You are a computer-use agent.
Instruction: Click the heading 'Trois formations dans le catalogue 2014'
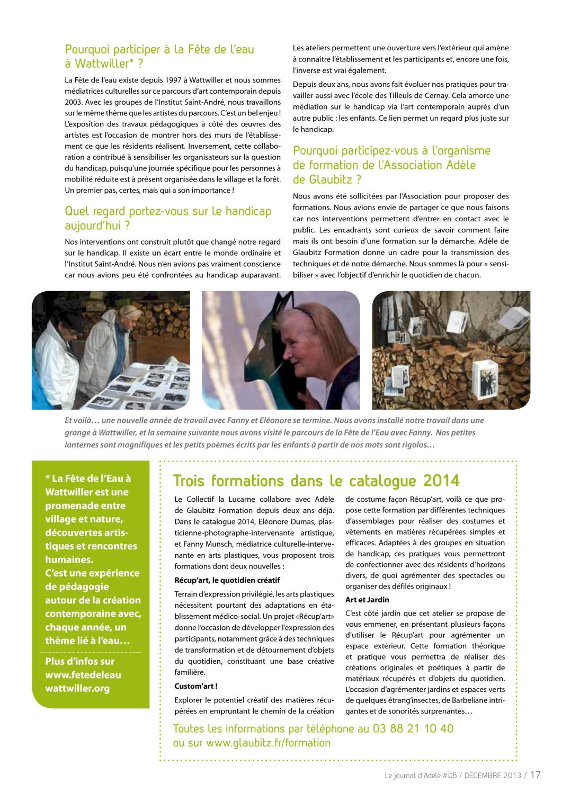tap(316, 481)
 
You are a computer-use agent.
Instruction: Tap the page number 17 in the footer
tap(536, 774)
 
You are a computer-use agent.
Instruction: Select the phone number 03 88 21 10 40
tap(413, 728)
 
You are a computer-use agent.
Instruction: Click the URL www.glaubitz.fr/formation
tap(268, 743)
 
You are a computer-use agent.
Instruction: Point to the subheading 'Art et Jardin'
tap(367, 600)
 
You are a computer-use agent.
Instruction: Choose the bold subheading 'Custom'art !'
tap(196, 686)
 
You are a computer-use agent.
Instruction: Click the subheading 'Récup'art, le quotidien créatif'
tap(227, 580)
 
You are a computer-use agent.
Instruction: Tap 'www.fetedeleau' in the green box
tap(83, 675)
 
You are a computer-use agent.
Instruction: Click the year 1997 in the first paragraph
tap(173, 80)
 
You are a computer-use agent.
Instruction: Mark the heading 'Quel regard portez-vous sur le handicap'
tap(168, 211)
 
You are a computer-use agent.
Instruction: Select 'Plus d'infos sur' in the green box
tap(80, 661)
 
